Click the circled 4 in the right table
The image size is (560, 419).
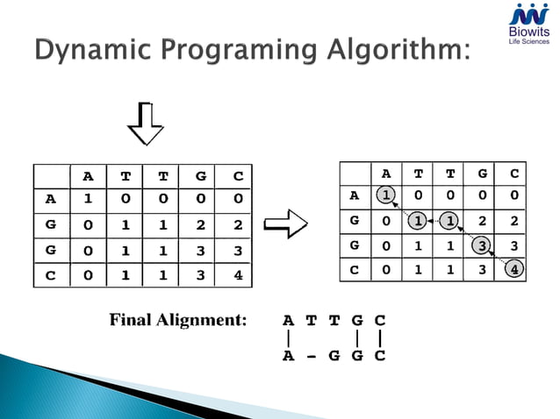[x=514, y=269]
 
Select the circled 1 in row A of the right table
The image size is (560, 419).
[x=385, y=195]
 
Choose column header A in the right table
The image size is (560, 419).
[x=385, y=173]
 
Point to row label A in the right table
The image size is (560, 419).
[x=353, y=195]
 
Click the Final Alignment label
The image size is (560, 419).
[x=178, y=320]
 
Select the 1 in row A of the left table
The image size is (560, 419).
[x=87, y=199]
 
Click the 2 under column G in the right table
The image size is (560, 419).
[x=482, y=220]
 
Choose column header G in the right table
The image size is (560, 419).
[x=482, y=173]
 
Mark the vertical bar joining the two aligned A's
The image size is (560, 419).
[x=288, y=337]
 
